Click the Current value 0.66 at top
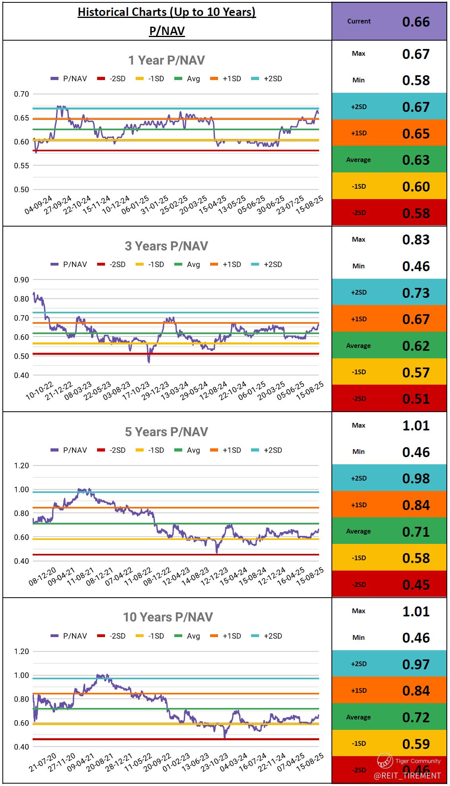(416, 22)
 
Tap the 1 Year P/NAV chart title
(166, 60)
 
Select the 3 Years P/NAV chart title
(166, 246)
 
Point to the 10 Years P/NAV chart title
(168, 617)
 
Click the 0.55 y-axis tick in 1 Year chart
(21, 166)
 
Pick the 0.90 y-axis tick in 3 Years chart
(21, 280)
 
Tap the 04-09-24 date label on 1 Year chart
(39, 204)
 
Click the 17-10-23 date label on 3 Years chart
(136, 391)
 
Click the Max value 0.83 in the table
(416, 240)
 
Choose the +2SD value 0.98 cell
(416, 478)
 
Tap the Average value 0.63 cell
(416, 160)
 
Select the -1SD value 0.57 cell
(416, 372)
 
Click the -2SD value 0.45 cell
(416, 585)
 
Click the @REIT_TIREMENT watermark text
(407, 775)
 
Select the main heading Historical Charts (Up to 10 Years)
(167, 12)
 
